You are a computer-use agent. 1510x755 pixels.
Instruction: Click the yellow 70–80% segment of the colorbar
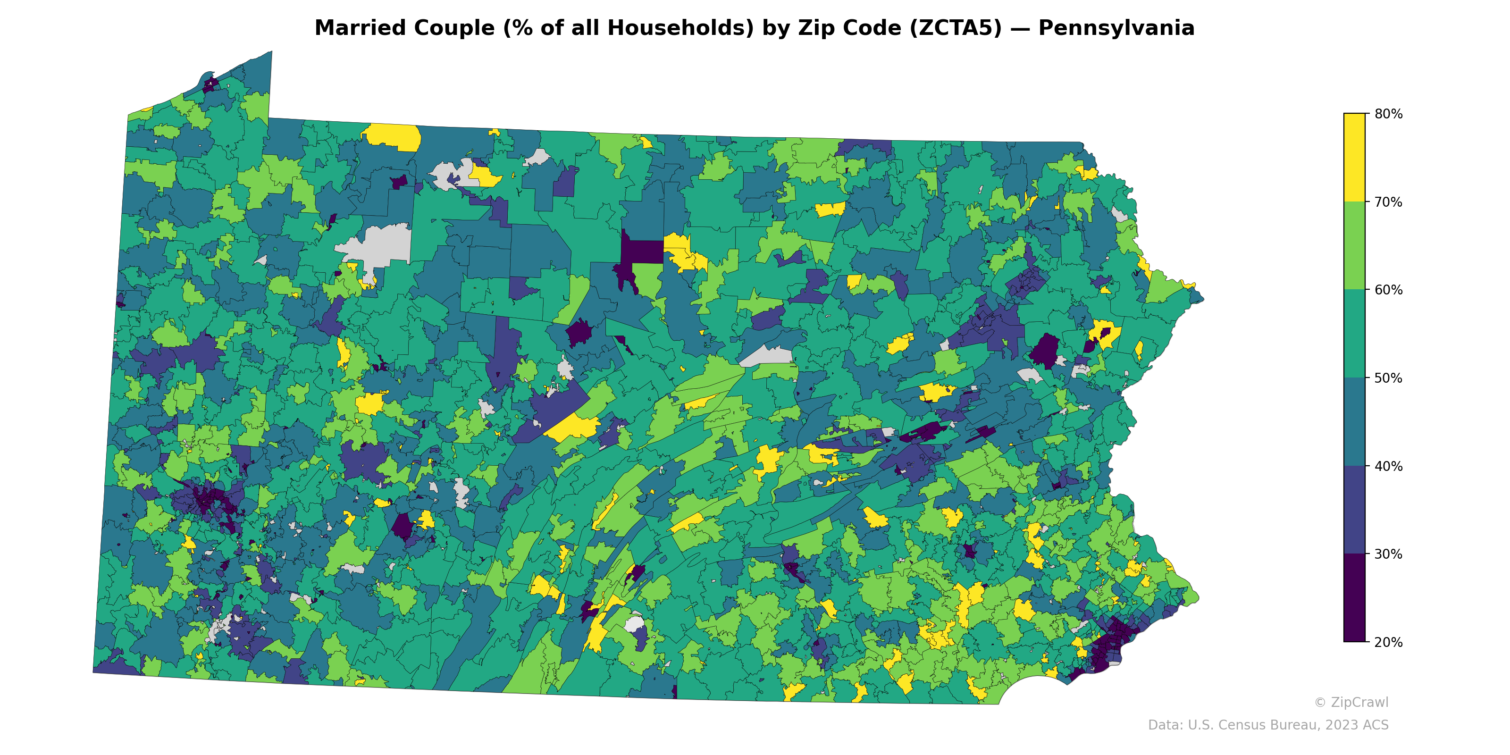tap(1354, 157)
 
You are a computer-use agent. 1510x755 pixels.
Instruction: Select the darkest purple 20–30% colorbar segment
tap(1354, 598)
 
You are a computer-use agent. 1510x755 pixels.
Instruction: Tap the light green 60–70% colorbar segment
tap(1354, 246)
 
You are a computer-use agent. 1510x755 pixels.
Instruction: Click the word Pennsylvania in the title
tap(1116, 28)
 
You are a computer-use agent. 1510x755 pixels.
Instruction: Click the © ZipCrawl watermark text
tap(1351, 702)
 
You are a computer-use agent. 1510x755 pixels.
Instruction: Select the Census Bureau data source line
tap(1267, 725)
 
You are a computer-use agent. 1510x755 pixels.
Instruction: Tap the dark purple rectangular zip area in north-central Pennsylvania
tap(642, 251)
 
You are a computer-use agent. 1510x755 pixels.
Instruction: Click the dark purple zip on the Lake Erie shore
tap(209, 85)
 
